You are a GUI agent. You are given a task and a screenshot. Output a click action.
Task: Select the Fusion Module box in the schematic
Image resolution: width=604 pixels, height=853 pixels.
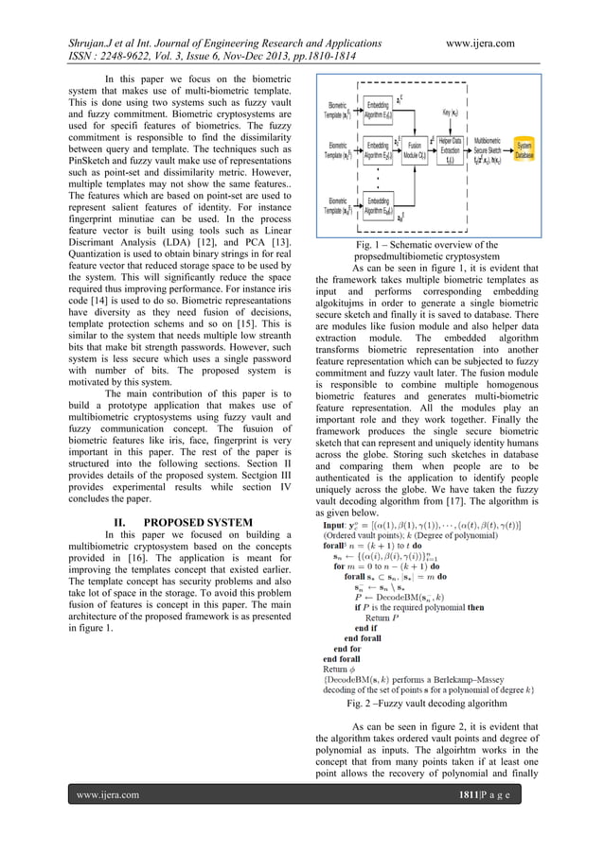tap(415, 151)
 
